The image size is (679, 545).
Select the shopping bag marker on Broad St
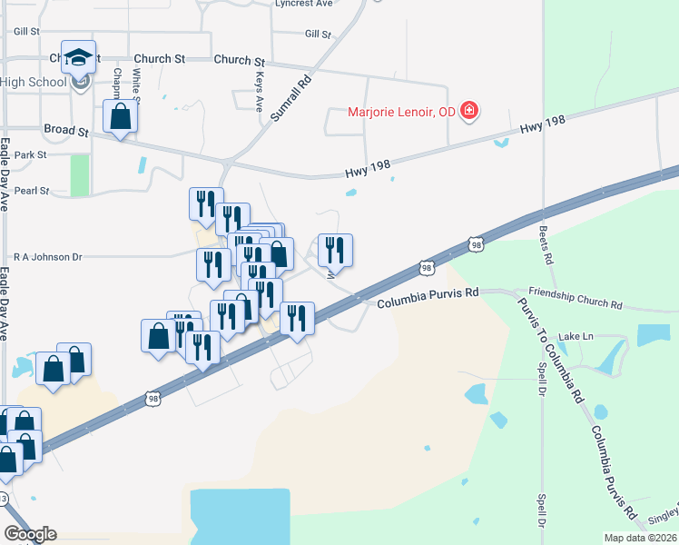[120, 117]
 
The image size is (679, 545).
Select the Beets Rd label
[547, 245]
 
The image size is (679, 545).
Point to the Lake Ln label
[576, 336]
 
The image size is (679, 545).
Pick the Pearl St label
[32, 192]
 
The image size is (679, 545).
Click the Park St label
[30, 155]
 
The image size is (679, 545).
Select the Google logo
[30, 534]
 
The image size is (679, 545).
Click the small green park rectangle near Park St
[80, 175]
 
